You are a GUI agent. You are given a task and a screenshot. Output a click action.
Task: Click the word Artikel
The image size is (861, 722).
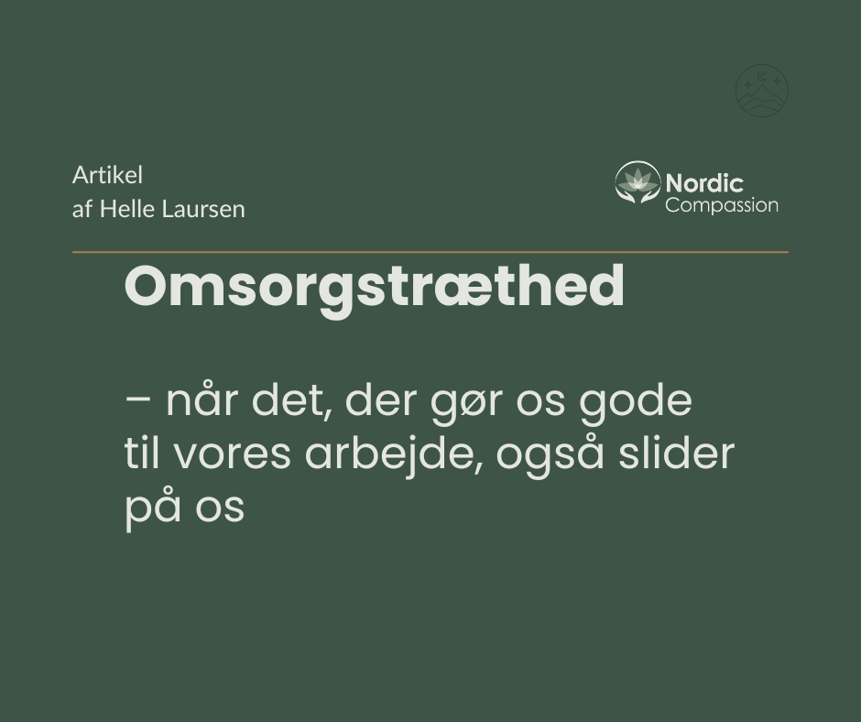[x=108, y=175]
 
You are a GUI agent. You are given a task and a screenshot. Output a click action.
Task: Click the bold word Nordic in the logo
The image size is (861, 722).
[x=704, y=183]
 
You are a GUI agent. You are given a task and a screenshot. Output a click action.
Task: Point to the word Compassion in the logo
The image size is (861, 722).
[x=722, y=205]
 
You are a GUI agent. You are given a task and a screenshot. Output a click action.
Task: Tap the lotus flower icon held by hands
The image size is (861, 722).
[x=637, y=182]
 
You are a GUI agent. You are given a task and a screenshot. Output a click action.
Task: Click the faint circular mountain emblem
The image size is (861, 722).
[x=761, y=91]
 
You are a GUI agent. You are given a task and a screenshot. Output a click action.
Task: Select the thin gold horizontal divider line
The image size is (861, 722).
[x=430, y=252]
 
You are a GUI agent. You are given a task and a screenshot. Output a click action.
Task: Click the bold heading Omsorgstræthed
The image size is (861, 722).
[x=375, y=287]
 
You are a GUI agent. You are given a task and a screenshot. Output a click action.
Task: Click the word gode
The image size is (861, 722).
[x=636, y=404]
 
